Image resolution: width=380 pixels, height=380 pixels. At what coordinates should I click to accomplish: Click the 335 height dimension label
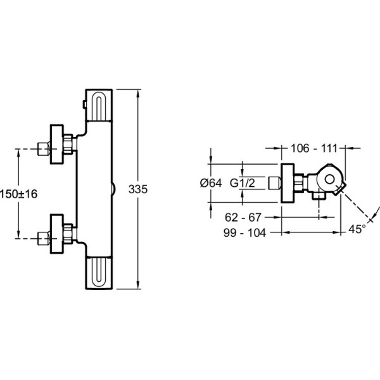[138, 189]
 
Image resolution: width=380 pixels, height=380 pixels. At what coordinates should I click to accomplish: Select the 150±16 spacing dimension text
[18, 194]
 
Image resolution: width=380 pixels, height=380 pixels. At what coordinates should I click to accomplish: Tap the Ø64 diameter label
[211, 183]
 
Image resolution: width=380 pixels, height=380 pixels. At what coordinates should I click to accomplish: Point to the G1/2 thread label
[243, 183]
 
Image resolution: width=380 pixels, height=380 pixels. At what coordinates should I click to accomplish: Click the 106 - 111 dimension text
[314, 148]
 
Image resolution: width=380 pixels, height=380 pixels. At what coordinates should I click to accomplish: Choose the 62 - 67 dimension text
[243, 217]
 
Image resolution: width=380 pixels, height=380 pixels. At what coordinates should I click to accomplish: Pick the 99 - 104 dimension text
[244, 233]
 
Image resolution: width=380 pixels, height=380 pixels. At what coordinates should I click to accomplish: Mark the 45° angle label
[357, 229]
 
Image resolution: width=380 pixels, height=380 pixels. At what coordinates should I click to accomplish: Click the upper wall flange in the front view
[57, 144]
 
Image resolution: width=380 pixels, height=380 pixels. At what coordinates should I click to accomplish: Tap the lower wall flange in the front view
[57, 234]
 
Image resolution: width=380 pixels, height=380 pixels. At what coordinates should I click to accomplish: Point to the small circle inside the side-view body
[329, 180]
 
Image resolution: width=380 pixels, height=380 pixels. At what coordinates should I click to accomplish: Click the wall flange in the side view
[288, 183]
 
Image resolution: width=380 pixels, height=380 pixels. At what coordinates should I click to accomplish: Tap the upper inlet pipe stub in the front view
[44, 149]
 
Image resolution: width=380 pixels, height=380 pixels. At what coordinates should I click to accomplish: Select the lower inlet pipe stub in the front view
[44, 239]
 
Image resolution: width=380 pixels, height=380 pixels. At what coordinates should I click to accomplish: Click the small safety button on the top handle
[84, 104]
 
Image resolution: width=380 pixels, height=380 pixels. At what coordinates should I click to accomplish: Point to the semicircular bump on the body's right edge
[113, 189]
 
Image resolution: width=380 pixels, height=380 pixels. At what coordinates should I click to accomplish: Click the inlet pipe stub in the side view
[275, 183]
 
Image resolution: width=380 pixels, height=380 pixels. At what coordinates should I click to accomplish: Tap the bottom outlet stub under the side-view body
[319, 196]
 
